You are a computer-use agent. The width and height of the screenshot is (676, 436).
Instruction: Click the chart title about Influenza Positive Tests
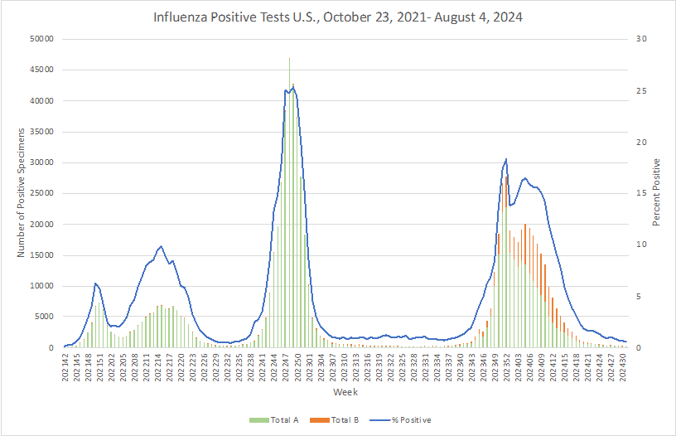pos(337,17)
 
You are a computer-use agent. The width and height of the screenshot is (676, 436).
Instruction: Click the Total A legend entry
pos(273,420)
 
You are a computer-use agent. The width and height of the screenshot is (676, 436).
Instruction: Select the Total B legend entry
pos(334,420)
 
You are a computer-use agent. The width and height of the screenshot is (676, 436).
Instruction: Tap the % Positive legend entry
pos(400,420)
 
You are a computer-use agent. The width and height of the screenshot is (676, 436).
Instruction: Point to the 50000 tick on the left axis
pos(41,39)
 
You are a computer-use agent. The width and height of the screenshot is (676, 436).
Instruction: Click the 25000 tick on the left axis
pos(41,193)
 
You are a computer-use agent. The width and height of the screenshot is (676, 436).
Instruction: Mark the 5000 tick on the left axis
pos(44,317)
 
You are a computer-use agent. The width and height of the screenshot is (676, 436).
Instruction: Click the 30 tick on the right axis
pos(641,39)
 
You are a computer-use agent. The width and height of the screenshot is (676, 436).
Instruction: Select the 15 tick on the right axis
pos(641,193)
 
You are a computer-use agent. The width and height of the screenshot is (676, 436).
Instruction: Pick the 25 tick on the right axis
pos(641,91)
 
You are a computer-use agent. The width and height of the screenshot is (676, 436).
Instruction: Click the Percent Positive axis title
pos(656,192)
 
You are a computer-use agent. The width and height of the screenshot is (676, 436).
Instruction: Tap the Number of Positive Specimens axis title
pos(21,193)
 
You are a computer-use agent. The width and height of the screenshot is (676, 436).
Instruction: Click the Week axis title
pos(345,392)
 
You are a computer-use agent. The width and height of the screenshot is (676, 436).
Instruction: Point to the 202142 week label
pos(65,367)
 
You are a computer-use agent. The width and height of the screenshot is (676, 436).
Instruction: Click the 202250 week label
pos(298,367)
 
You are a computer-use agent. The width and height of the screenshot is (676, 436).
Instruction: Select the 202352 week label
pos(508,367)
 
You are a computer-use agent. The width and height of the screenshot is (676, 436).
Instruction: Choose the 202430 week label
pos(624,367)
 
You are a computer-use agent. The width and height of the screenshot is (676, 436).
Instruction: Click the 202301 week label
pos(310,367)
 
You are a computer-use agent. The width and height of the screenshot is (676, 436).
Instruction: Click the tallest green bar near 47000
pos(289,203)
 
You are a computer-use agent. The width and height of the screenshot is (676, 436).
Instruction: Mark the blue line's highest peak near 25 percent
pos(293,88)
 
